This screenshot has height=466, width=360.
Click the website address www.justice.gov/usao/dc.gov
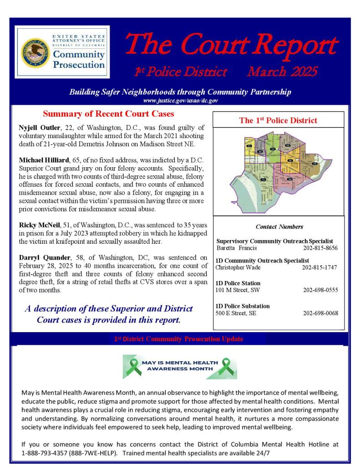click(180, 100)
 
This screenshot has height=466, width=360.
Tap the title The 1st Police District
click(278, 121)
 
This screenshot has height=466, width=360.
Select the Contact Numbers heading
click(279, 226)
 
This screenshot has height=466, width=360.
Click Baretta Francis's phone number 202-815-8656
click(320, 248)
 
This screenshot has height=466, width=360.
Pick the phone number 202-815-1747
click(319, 267)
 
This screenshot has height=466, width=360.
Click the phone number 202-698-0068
click(320, 313)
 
